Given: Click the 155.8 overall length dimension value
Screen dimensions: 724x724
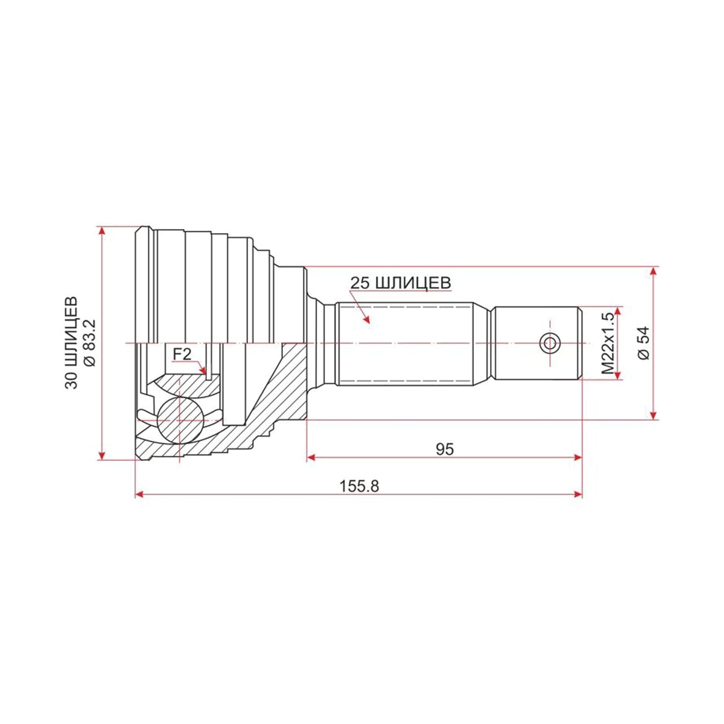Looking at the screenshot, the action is point(359,486).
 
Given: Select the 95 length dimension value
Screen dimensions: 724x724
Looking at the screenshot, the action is point(445,449).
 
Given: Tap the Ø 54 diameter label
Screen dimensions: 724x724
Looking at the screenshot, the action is point(644,343).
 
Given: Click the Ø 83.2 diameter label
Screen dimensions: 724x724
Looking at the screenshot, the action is point(90,343).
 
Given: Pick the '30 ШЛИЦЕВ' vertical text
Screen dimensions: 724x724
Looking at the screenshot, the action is point(71,343).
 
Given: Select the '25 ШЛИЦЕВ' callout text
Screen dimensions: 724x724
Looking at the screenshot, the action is point(400,284).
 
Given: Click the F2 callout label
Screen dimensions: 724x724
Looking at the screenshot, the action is point(182,354).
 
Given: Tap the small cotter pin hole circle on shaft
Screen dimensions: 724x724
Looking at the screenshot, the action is point(550,343).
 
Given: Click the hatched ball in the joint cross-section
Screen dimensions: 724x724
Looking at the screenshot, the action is point(180,420).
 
